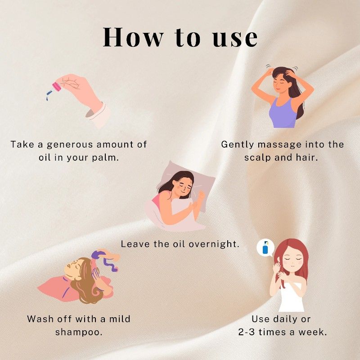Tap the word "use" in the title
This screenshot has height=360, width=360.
pyautogui.click(x=235, y=38)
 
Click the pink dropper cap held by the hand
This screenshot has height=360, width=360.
pyautogui.click(x=57, y=87)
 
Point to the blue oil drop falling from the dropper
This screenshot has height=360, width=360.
pyautogui.click(x=47, y=99)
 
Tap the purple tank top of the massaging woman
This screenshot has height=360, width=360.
pyautogui.click(x=283, y=113)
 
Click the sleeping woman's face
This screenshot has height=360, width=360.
pyautogui.click(x=184, y=187)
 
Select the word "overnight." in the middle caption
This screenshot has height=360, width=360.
pyautogui.click(x=214, y=244)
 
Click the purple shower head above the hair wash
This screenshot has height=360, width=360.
pyautogui.click(x=98, y=254)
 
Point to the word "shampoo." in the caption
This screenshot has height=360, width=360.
pyautogui.click(x=79, y=332)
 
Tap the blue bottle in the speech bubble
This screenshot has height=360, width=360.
pyautogui.click(x=265, y=248)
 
